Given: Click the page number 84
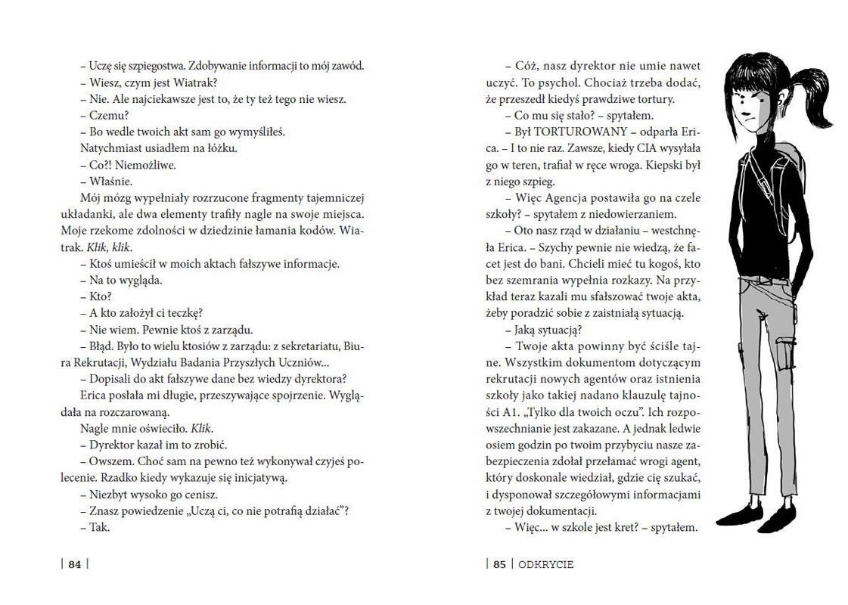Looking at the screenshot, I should click(74, 563).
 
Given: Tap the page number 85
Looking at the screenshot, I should click(499, 563).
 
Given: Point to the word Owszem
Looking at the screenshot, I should click(110, 461).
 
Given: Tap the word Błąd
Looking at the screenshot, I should click(104, 346).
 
